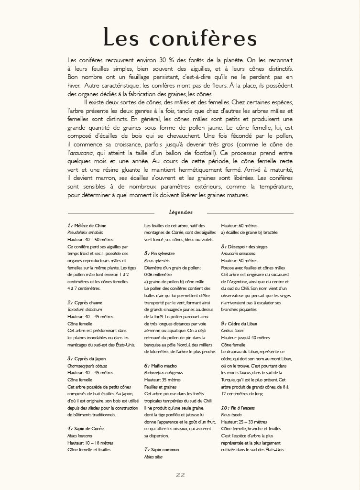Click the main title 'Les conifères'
[180, 38]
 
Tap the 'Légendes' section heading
[181, 212]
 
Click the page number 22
[180, 475]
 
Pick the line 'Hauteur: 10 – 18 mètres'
[90, 443]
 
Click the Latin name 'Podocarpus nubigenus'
[164, 373]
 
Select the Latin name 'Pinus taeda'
[232, 415]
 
